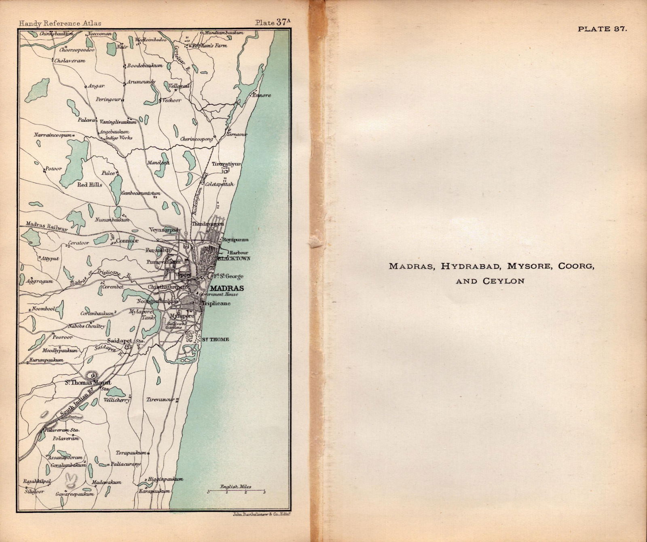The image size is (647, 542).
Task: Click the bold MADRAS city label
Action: pyautogui.click(x=227, y=288)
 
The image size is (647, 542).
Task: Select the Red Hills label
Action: pyautogui.click(x=90, y=185)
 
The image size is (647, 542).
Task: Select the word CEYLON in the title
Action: pyautogui.click(x=503, y=281)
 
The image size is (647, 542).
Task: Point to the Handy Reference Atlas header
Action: pyautogui.click(x=60, y=23)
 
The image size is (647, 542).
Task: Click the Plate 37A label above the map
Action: pyautogui.click(x=272, y=23)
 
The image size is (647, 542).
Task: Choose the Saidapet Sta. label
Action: pyautogui.click(x=125, y=341)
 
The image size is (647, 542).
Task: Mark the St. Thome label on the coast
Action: pyautogui.click(x=216, y=340)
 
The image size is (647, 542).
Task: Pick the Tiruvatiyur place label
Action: pyautogui.click(x=226, y=164)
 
